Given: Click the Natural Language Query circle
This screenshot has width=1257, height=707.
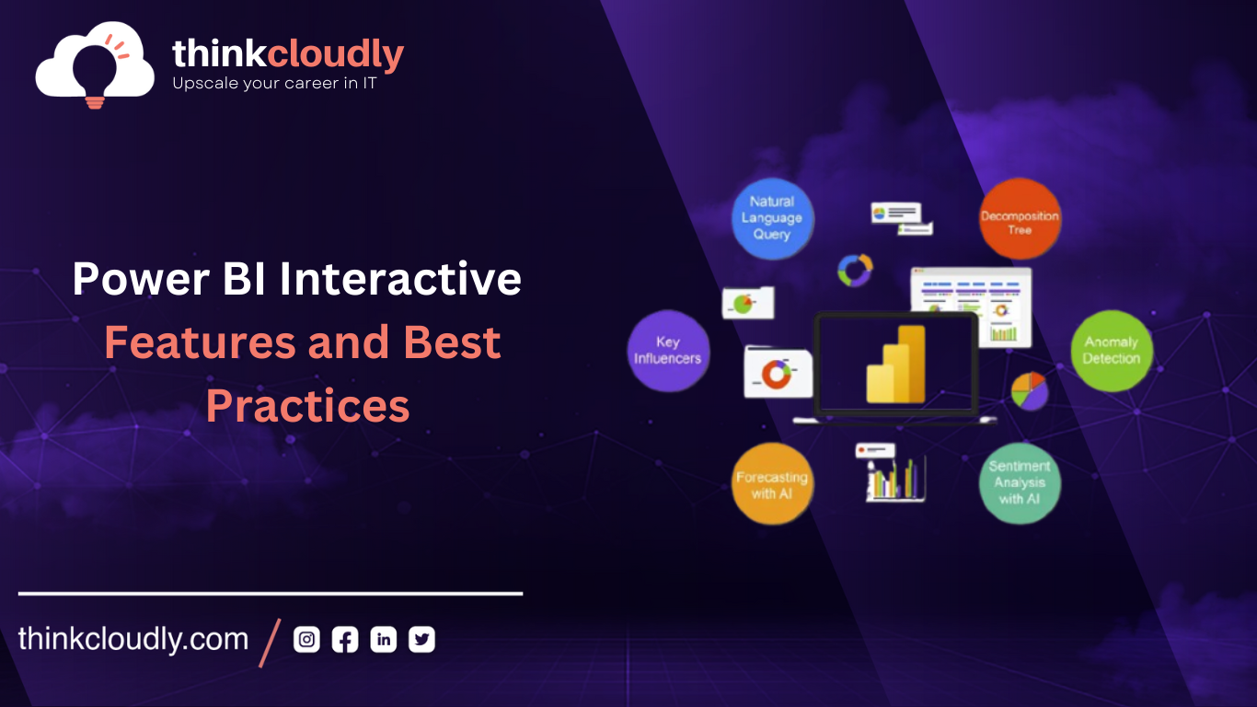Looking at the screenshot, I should point(772,218).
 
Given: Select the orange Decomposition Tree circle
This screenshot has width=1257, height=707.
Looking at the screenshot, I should point(1020,219).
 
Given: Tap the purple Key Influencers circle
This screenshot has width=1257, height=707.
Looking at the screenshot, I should point(668,351).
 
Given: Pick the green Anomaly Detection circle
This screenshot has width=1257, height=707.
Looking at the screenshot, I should point(1112,351).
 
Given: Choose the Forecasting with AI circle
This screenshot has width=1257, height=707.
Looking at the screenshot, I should point(772,484).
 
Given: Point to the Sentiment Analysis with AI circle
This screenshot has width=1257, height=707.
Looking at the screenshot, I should point(1020,483).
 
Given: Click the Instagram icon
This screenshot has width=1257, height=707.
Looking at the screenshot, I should point(306,640).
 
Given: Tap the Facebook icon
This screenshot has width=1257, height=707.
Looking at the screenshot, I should point(345,640).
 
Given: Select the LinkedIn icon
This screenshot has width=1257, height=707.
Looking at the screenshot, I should point(384,640).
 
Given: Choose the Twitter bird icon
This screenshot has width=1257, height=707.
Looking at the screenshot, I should point(421,640).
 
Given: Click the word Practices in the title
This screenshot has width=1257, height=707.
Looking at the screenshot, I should point(307,406).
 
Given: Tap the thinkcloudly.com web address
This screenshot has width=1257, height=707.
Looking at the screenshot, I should point(133,640).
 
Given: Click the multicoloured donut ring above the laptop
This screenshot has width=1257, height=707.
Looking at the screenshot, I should point(855,270).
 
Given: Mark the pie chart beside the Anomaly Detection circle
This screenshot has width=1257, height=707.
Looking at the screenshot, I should point(1029,390).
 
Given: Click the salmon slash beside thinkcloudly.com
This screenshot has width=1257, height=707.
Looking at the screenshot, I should point(271,642).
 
